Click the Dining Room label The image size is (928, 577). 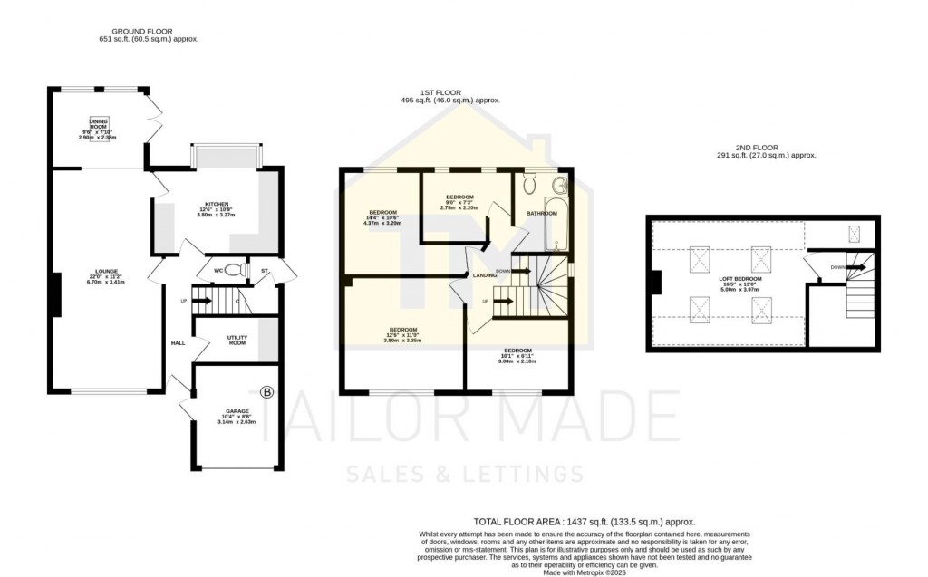click(x=99, y=127)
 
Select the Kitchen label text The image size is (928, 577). click(x=216, y=209)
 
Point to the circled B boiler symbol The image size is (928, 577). click(x=266, y=392)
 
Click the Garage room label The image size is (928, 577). click(x=238, y=416)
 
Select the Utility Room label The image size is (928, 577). click(x=237, y=340)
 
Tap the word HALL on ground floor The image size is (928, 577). click(x=178, y=343)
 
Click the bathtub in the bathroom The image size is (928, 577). click(x=556, y=224)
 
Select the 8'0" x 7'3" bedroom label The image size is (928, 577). click(x=459, y=202)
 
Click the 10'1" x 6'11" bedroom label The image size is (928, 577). click(x=517, y=355)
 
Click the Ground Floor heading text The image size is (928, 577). click(x=149, y=34)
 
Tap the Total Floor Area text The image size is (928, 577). click(x=585, y=522)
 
